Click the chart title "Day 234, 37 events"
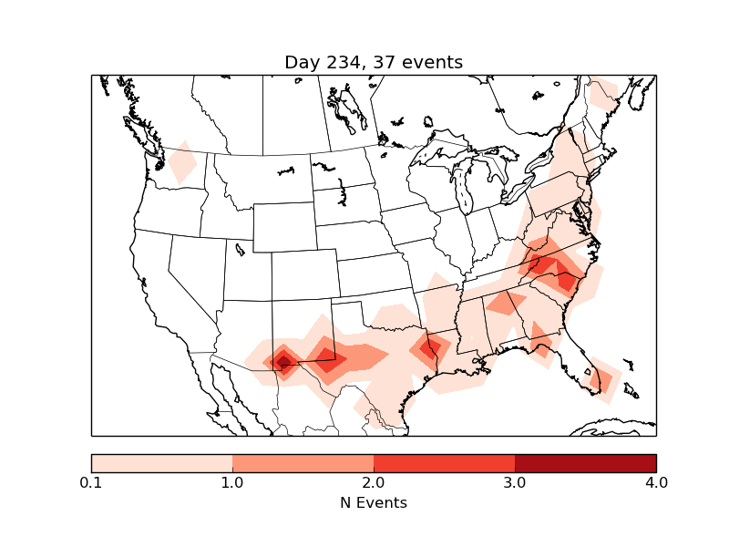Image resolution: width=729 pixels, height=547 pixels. pyautogui.click(x=374, y=63)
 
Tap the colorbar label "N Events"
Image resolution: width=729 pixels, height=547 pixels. pyautogui.click(x=374, y=502)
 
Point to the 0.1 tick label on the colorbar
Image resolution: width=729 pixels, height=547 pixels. pyautogui.click(x=91, y=482)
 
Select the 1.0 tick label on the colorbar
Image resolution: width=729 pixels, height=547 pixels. pyautogui.click(x=232, y=482)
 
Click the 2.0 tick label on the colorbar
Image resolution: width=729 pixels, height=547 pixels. pyautogui.click(x=374, y=482)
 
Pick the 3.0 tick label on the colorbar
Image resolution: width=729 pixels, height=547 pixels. pyautogui.click(x=515, y=482)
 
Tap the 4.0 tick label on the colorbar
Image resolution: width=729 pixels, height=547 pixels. pyautogui.click(x=655, y=482)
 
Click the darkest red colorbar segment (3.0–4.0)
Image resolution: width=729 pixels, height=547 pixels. pyautogui.click(x=585, y=463)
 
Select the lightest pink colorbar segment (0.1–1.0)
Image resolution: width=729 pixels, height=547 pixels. pyautogui.click(x=162, y=463)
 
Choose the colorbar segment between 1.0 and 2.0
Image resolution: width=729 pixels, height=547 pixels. pyautogui.click(x=303, y=463)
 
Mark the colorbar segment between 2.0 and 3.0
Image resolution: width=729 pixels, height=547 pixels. pyautogui.click(x=444, y=463)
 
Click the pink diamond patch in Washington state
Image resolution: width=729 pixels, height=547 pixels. pyautogui.click(x=182, y=164)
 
